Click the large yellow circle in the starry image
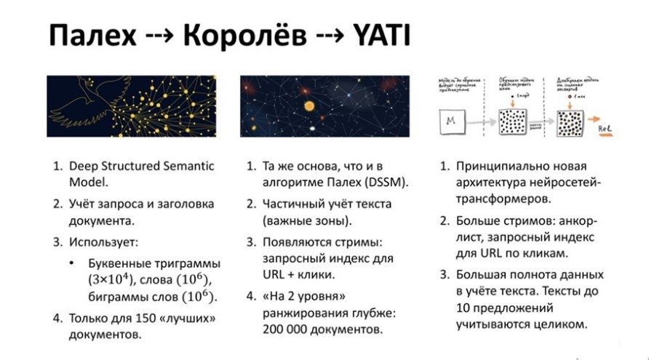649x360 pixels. [308, 106]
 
